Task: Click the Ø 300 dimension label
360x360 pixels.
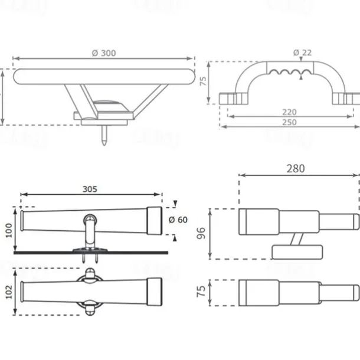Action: pos(104,53)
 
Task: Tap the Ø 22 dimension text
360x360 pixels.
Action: pos(302,53)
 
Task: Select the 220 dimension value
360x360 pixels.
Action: pos(289,112)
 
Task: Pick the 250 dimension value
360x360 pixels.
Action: pos(289,122)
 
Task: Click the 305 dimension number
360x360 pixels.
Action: pos(90,189)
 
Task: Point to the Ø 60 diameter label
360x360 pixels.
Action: pos(178,220)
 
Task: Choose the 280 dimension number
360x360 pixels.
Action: pos(296,168)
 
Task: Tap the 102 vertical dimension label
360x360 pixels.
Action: pos(8,292)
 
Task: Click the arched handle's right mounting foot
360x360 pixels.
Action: pos(346,97)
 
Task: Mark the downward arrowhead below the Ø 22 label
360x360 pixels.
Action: pos(302,61)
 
